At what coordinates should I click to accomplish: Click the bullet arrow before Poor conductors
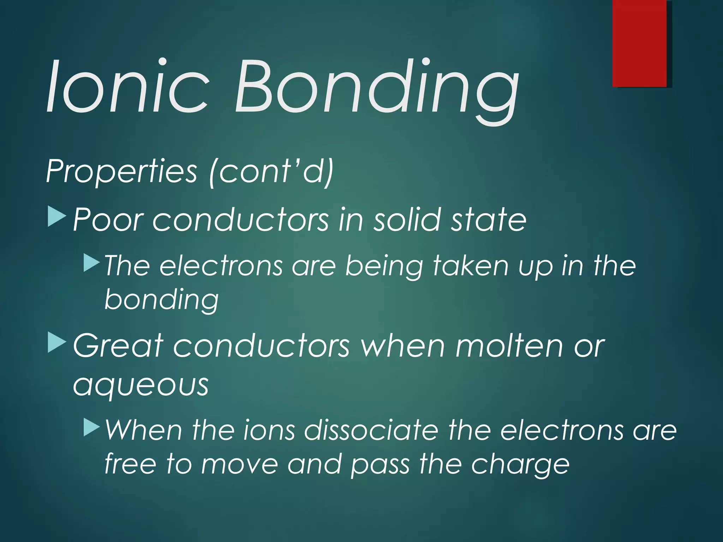click(x=56, y=217)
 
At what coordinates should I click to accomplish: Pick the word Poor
click(x=108, y=220)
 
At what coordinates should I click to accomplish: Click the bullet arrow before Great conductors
click(x=56, y=343)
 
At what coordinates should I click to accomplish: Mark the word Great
click(x=118, y=346)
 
